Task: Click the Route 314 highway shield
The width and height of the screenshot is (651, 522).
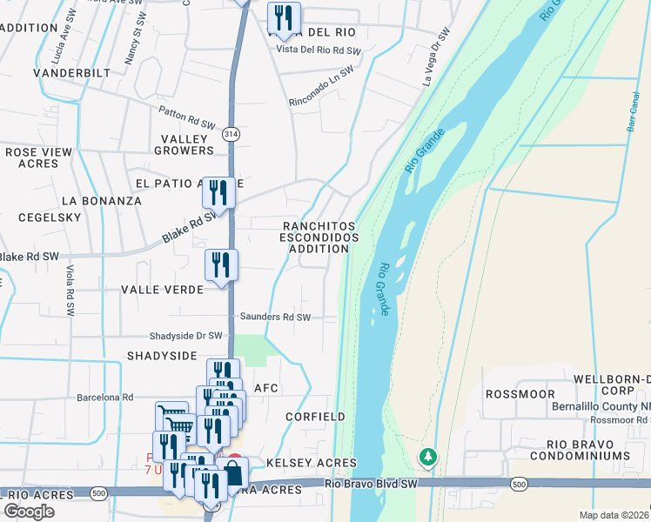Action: coord(230,134)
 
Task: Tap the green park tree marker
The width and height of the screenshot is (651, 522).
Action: coord(427,456)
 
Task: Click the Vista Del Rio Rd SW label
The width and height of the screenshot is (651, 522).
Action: coord(318,50)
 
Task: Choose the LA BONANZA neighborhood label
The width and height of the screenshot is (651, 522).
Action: coord(101,200)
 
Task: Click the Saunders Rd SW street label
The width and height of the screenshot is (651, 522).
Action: coord(274,318)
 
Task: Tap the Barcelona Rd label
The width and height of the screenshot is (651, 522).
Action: coord(104,398)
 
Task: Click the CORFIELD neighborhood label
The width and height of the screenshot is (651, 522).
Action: coord(315,417)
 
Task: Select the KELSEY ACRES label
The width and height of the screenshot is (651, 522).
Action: coord(312,463)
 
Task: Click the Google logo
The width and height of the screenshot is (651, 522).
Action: coord(29,512)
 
